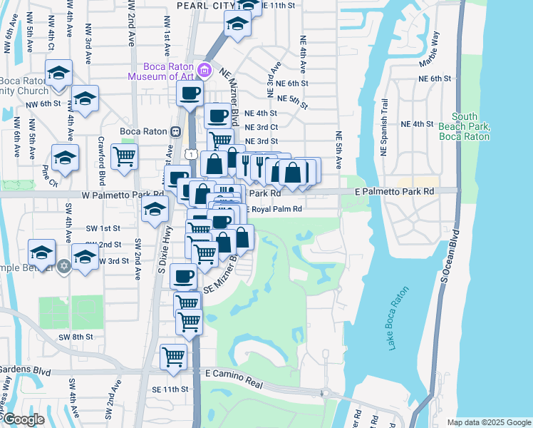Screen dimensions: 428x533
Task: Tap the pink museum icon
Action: pyautogui.click(x=205, y=70)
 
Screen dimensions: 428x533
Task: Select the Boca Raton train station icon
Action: pyautogui.click(x=175, y=131)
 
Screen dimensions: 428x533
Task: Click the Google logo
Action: pyautogui.click(x=24, y=419)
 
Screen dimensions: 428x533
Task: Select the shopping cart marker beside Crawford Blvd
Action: pyautogui.click(x=124, y=158)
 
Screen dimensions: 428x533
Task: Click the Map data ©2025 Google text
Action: pyautogui.click(x=487, y=422)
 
